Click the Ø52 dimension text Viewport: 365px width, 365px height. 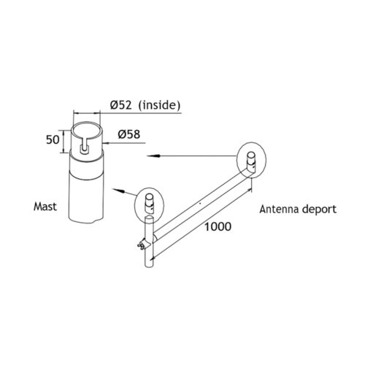121,105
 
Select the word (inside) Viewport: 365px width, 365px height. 159,105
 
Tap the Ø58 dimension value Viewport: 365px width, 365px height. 129,134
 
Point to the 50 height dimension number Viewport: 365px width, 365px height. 53,139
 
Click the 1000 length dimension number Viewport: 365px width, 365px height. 218,226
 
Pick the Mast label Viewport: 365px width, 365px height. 45,207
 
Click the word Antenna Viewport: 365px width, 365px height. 278,210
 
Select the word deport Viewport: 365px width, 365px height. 319,210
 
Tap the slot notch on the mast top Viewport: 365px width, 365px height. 84,147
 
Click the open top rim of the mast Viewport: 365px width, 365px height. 87,123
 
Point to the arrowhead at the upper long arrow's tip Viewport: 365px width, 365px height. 152,155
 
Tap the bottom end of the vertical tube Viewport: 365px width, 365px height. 149,265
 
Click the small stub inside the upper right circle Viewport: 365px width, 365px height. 251,162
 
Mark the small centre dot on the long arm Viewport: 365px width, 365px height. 200,203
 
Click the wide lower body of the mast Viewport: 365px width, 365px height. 87,195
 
